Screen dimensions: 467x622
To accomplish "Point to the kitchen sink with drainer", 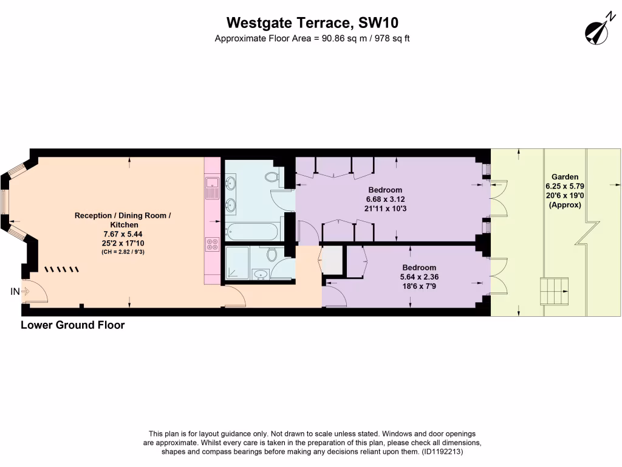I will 212,187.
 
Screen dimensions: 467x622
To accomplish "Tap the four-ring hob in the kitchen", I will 212,244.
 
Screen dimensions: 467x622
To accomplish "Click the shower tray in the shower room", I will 237,263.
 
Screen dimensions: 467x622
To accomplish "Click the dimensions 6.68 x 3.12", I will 385,199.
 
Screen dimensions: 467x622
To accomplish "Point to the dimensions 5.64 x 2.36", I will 419,277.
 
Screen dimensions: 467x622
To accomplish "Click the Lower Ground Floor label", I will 73,325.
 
